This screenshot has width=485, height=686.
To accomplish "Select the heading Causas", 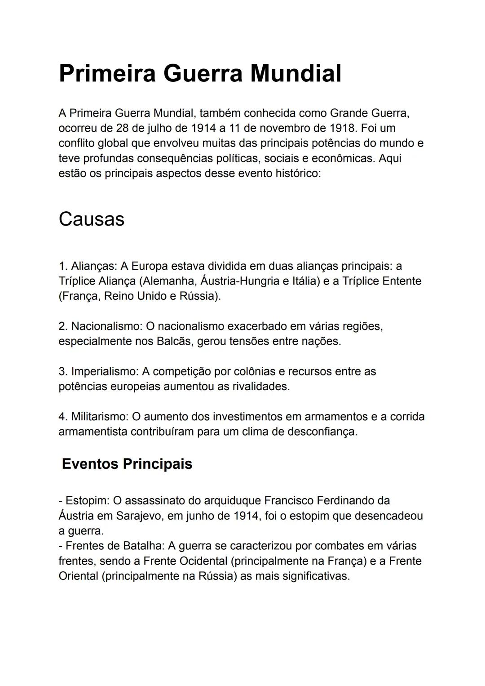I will [x=92, y=219].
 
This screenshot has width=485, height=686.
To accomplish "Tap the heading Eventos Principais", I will [x=127, y=463].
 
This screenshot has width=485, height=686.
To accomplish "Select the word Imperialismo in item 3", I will [x=105, y=371].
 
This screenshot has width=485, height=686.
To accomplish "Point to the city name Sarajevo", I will [x=139, y=516].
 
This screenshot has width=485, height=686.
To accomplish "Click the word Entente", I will [x=401, y=281].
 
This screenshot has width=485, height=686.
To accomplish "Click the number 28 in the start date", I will [x=123, y=128].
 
